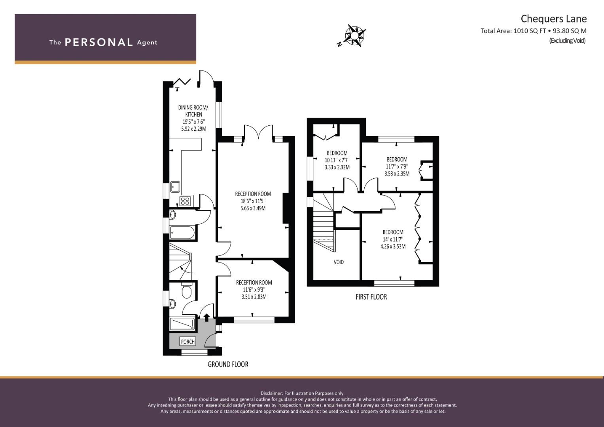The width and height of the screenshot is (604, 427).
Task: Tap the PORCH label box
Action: (187, 342)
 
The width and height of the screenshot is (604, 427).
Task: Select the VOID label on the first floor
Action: (339, 262)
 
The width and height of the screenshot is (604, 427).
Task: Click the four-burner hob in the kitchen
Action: (186, 201)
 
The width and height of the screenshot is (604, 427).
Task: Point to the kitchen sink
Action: (175, 187)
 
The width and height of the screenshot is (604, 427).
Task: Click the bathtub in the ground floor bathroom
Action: (182, 233)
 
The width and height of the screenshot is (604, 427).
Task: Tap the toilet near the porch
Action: (186, 290)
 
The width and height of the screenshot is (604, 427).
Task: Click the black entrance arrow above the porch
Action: (206, 317)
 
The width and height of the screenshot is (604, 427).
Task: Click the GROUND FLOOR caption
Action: (228, 365)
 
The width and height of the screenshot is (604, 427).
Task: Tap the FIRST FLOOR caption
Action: (371, 297)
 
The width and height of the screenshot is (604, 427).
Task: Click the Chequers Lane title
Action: (554, 19)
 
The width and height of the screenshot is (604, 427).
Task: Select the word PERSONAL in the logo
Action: (99, 42)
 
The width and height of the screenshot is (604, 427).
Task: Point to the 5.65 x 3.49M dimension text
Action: (253, 208)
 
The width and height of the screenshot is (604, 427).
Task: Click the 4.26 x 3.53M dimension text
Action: (393, 246)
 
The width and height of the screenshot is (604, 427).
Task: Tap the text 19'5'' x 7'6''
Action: (193, 122)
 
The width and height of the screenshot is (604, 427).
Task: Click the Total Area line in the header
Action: (534, 31)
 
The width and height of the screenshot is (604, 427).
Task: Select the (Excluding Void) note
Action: (568, 41)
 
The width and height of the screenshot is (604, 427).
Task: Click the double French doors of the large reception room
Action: (259, 132)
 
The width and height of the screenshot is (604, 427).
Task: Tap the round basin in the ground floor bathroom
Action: (172, 215)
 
